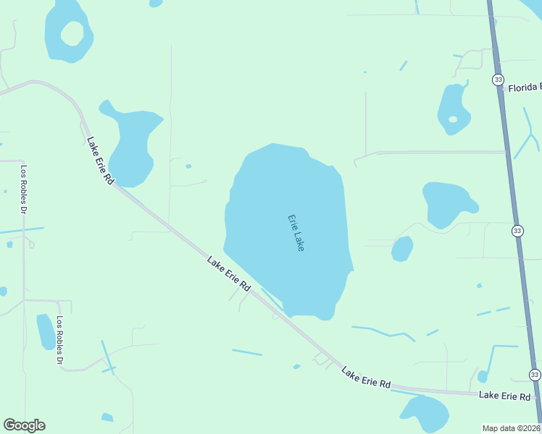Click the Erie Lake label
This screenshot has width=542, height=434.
(296, 232)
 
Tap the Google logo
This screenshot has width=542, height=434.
(24, 425)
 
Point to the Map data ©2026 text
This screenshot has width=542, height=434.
(512, 428)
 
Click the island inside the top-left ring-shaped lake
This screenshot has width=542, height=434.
(72, 33)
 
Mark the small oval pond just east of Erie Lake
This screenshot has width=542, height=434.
(402, 249)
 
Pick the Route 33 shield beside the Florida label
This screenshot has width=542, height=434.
(497, 80)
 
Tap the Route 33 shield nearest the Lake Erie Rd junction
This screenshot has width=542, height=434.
(535, 375)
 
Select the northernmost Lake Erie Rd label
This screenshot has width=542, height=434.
(100, 160)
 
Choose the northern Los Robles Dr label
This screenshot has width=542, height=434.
(23, 190)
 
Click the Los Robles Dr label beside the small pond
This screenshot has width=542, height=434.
(59, 341)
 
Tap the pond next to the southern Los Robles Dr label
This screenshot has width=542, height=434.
(46, 331)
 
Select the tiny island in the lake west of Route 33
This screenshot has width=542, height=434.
(453, 119)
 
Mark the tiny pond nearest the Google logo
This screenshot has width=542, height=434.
(107, 417)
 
